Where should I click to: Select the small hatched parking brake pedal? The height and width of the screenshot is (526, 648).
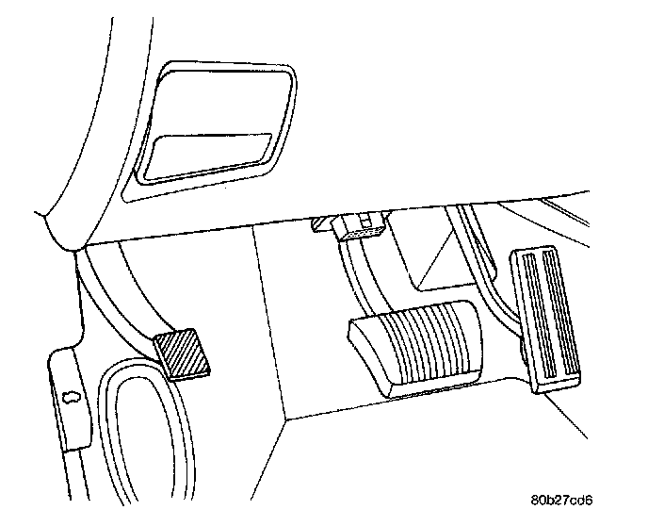[x=185, y=354]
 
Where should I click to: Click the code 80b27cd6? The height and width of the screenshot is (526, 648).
[x=567, y=499]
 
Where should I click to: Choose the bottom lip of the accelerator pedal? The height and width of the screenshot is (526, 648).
[x=556, y=387]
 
